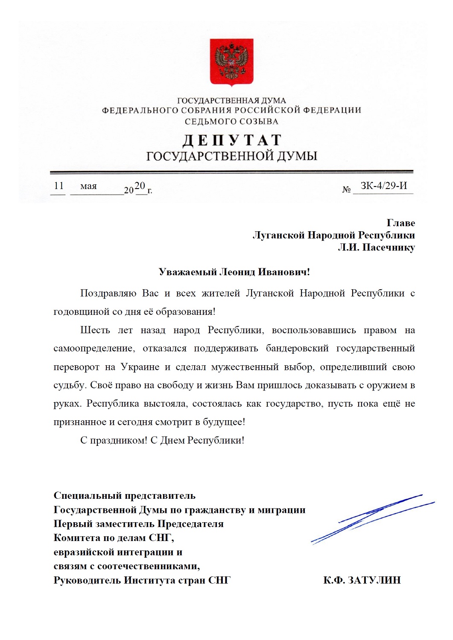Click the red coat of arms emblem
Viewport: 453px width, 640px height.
tap(231, 61)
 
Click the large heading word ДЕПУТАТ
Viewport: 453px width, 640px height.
tap(232, 140)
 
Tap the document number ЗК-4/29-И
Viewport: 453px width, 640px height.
tap(383, 186)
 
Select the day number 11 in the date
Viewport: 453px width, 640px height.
tap(59, 186)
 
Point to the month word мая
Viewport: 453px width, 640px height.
tap(88, 186)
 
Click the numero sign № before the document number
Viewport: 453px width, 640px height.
tap(346, 189)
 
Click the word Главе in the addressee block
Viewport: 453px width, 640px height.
tap(400, 223)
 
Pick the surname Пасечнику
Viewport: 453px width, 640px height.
tap(389, 247)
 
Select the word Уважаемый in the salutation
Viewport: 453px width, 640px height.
tap(187, 272)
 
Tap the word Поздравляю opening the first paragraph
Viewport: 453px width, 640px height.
tap(108, 293)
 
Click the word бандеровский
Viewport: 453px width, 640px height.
tap(297, 348)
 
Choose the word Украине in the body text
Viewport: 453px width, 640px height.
tap(140, 367)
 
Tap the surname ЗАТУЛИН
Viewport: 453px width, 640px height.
tap(374, 580)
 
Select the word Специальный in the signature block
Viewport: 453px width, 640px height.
tap(87, 496)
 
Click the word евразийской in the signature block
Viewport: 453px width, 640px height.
tap(87, 552)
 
